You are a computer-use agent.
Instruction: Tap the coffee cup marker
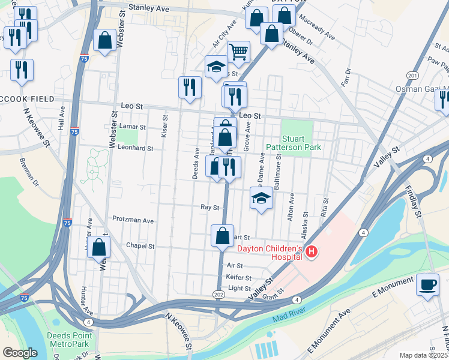427,284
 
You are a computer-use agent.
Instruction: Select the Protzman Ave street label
133,220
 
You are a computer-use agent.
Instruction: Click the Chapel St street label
140,246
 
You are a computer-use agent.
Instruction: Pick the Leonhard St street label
135,148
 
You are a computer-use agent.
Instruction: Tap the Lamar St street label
133,127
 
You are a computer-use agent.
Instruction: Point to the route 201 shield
412,76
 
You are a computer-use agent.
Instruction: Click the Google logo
20,353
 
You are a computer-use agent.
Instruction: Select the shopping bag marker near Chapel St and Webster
99,247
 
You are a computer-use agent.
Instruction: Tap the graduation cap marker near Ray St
261,197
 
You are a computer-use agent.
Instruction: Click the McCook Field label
28,98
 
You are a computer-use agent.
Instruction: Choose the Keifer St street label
238,277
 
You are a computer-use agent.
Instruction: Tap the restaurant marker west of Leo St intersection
189,87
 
